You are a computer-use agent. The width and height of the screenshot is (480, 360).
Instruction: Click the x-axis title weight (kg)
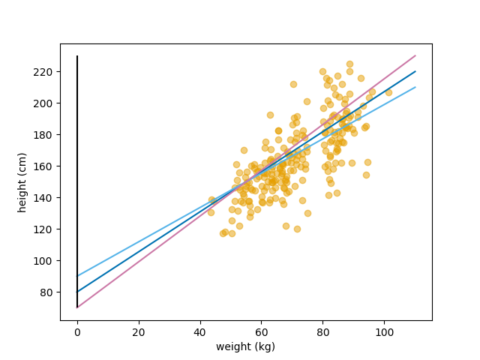click(245, 346)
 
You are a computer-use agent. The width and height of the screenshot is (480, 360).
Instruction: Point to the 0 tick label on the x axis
click(77, 333)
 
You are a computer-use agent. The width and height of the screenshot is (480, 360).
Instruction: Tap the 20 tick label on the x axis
click(139, 333)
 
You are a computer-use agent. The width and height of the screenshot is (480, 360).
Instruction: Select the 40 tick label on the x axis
click(200, 333)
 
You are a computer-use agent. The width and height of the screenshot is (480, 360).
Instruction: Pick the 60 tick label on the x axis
click(262, 333)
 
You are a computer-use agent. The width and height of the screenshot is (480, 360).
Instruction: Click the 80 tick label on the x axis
click(322, 333)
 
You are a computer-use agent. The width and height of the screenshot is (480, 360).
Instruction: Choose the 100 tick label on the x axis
click(384, 333)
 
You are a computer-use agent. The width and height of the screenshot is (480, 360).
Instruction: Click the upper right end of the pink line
click(415, 55)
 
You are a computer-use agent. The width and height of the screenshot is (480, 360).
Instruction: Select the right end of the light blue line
click(415, 87)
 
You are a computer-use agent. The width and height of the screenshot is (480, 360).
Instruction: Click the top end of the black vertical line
click(77, 55)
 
